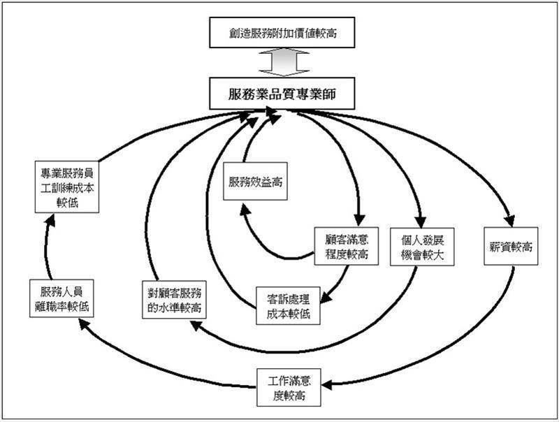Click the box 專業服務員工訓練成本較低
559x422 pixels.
(x=68, y=187)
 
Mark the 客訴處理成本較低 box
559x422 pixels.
(x=288, y=304)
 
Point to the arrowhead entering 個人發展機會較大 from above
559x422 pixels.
(x=420, y=219)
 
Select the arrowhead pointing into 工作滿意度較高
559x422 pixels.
(x=328, y=384)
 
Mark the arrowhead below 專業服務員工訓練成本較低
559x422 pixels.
(x=48, y=219)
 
